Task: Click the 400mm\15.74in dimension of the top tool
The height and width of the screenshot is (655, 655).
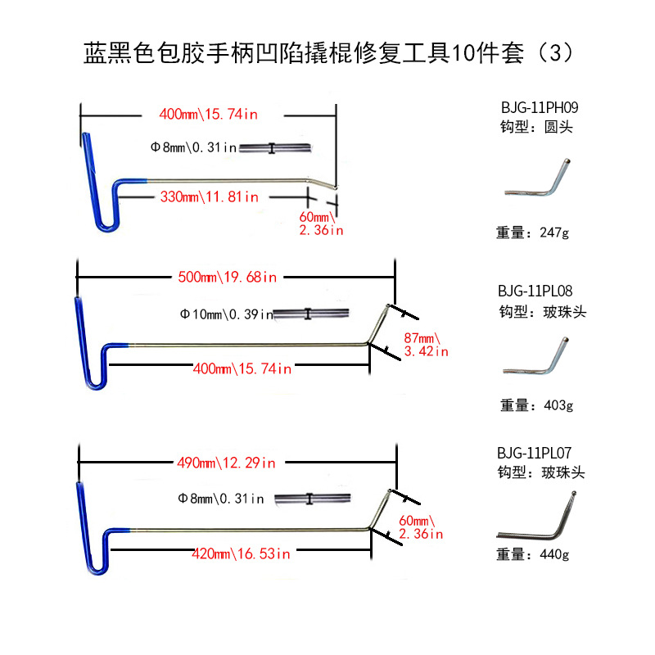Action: click(x=208, y=115)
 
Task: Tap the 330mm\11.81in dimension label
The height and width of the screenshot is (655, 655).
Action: click(x=209, y=196)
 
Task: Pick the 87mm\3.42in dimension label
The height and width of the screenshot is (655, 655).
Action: click(x=427, y=345)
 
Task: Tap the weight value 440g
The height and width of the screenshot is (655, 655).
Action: click(x=554, y=553)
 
